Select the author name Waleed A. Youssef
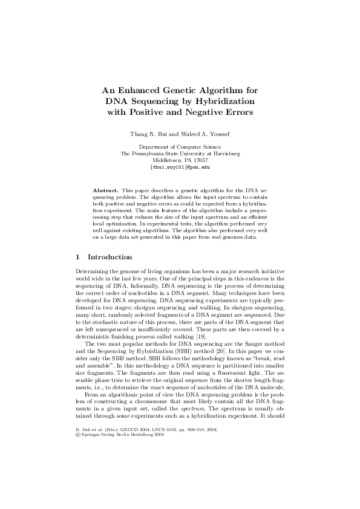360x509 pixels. coord(206,132)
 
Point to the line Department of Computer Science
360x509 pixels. coord(180,147)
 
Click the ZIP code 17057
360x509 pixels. coord(200,160)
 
